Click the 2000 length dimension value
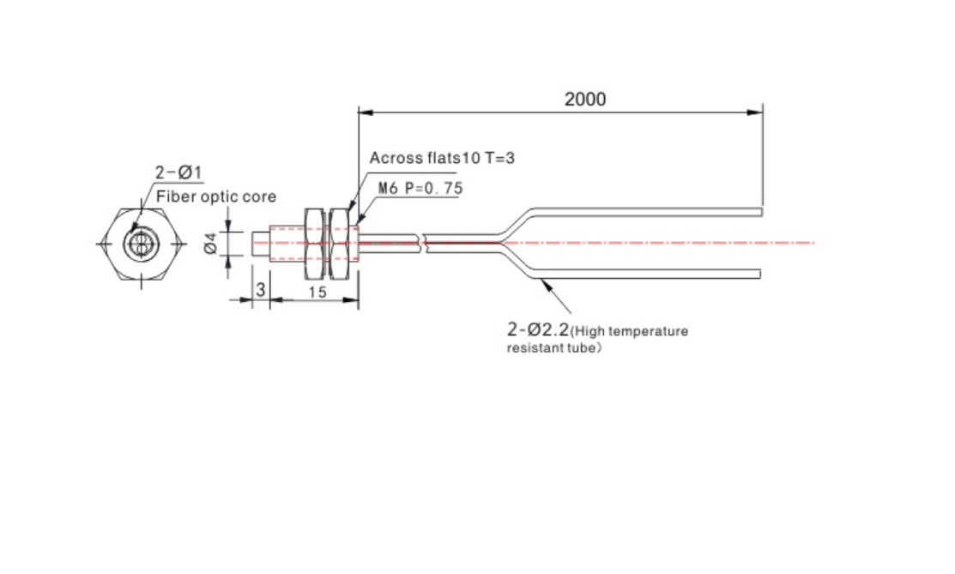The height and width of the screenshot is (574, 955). pos(584,100)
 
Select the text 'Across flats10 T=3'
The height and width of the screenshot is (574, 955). pos(442,159)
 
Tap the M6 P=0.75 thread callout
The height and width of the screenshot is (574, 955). pos(420,188)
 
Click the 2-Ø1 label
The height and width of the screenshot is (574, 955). pos(178,173)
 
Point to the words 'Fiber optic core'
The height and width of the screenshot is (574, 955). pos(216,196)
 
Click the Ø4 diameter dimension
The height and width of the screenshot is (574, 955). pos(211,243)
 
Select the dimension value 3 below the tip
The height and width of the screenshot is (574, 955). pos(261,290)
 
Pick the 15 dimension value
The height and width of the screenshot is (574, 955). pos(317,293)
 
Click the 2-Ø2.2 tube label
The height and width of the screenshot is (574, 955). pos(538,329)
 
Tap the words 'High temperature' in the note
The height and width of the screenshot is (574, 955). pos(632,331)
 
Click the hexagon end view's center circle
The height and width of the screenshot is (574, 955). pos(142,245)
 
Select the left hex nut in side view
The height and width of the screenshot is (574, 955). pos(314,244)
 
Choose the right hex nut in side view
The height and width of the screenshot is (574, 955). pos(339,244)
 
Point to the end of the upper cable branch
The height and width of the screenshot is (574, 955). pos(761,212)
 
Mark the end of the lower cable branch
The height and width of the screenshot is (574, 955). pos(759,275)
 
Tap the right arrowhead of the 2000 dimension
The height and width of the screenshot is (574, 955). pos(754,112)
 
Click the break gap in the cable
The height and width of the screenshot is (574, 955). pos(421,243)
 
